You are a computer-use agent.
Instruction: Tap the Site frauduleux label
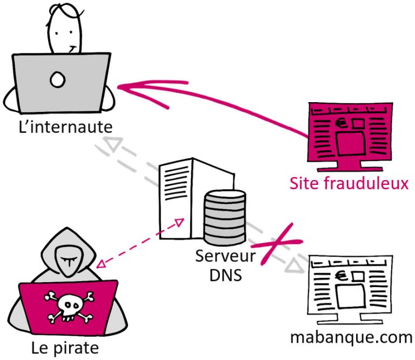click(x=349, y=184)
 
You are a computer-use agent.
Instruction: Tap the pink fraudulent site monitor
click(x=349, y=130)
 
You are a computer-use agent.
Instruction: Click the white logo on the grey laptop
click(x=57, y=81)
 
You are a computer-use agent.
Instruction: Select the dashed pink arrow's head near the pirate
click(x=100, y=265)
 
